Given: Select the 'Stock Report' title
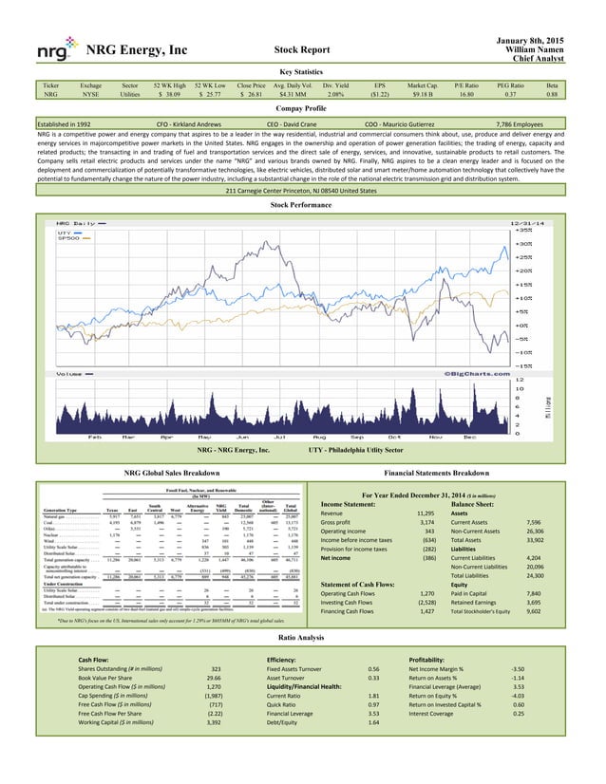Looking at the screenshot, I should pos(302,48).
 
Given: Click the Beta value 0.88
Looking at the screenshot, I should pos(578,95).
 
